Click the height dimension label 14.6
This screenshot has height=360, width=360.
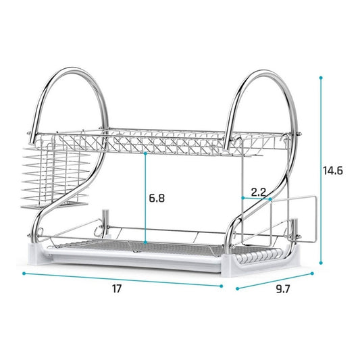coord(333,171)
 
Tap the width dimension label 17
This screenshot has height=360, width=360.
coord(116,288)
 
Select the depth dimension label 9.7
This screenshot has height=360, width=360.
coord(283,289)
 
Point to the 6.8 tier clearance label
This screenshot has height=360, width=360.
coord(157,198)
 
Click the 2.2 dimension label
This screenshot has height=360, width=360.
coord(258,192)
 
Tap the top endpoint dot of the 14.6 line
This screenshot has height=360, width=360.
coord(321,78)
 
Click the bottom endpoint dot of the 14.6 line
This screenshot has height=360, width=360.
coord(321,263)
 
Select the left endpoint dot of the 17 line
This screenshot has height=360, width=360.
coord(24,274)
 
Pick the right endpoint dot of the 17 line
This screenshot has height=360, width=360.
coord(222,286)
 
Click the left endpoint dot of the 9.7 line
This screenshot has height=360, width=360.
coord(237,288)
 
